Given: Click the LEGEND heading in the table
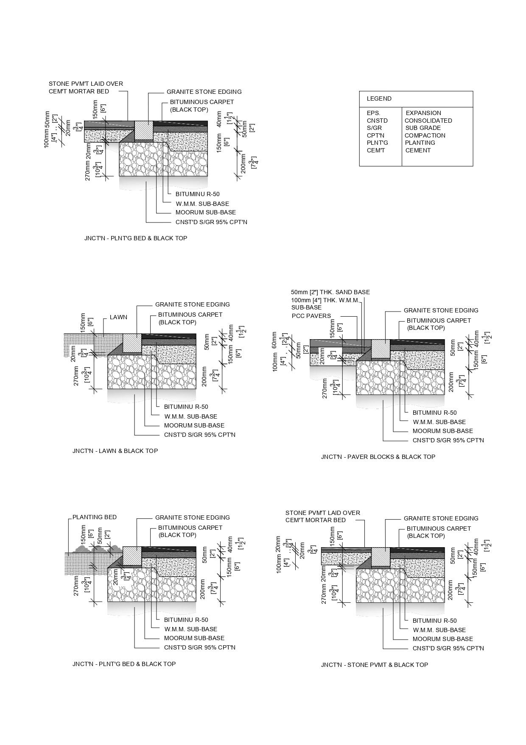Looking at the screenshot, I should tap(379, 98).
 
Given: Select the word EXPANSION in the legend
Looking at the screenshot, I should tap(423, 113).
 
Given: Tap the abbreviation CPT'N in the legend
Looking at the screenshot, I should tap(375, 135).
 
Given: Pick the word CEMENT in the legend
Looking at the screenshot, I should tap(418, 150).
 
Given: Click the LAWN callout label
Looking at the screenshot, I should tap(118, 317).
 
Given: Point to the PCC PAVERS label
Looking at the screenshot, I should tap(311, 316).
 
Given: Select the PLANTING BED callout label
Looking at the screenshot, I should tap(94, 517).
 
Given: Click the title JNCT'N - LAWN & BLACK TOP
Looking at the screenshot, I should tap(115, 451).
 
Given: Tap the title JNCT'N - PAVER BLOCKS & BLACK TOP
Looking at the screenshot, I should tap(378, 457).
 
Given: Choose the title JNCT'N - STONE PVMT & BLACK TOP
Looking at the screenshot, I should tap(374, 665).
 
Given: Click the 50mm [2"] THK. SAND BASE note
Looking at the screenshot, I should tap(330, 292).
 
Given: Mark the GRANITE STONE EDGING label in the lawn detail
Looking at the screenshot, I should tap(192, 304).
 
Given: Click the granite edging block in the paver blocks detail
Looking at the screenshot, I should tap(380, 349).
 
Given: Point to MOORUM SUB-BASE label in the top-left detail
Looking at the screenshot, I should tap(205, 212).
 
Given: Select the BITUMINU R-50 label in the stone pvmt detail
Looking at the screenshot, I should tap(434, 621).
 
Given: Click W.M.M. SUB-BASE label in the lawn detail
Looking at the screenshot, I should tap(190, 416).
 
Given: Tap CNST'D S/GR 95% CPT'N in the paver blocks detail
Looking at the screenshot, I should tap(448, 440).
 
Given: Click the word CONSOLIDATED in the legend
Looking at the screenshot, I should tap(428, 121).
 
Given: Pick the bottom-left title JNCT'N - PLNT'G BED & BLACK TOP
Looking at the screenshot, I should tap(124, 664).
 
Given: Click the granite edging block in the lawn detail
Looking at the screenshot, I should tap(132, 343).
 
